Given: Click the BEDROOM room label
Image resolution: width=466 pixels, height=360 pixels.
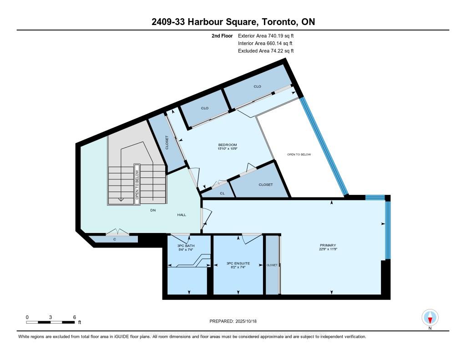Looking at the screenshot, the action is tap(228, 145).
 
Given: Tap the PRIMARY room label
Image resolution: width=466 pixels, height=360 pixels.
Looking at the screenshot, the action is tap(328, 245).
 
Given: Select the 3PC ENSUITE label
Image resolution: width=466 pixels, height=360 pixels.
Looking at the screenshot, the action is tap(238, 264).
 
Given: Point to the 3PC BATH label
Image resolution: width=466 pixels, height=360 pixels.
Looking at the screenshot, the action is tap(186, 246).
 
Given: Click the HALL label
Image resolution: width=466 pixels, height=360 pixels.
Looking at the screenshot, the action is tap(182, 215).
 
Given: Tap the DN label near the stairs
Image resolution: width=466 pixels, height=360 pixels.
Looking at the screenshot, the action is tap(153, 210).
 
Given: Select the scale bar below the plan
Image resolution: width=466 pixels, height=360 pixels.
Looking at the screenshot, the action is tap(51, 322).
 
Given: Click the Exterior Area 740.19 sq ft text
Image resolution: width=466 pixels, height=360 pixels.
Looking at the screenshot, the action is tap(266, 35).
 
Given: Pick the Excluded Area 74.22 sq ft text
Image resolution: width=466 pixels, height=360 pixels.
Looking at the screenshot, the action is tap(266, 51).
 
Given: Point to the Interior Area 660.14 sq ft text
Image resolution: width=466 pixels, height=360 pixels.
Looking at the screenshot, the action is tap(265, 43).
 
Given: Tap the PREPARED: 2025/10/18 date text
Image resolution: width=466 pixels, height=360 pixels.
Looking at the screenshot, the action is tap(233, 321).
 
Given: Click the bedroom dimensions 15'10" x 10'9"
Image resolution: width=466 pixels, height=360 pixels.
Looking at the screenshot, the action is tap(228, 149).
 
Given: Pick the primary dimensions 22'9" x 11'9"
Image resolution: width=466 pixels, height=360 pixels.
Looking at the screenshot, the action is tap(328, 249).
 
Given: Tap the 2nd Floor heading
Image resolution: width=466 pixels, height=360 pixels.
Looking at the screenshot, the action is tap(222, 35).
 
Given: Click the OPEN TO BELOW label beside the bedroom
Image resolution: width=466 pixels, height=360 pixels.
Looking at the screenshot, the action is tap(299, 154).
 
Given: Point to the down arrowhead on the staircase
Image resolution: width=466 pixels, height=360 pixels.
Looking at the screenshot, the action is tap(121, 199).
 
